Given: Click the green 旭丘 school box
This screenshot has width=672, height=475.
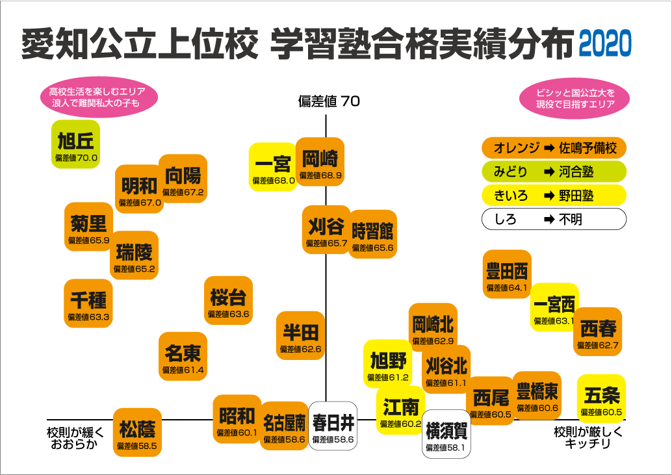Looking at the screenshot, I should coord(76,144).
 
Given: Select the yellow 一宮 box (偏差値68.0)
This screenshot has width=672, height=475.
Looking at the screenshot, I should coord(273,166).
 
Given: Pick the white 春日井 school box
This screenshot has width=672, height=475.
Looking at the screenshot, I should coord(333,426).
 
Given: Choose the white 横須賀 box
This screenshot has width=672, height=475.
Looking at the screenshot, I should coord(446,434).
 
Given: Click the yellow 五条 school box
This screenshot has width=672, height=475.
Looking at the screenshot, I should coord(601,398).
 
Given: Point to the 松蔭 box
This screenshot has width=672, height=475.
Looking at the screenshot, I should coord(137,433).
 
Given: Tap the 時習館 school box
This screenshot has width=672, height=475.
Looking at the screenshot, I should coord(372,234).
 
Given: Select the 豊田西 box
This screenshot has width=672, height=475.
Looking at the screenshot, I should coord(508,274).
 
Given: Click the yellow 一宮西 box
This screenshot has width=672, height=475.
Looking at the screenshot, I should coord(554,307).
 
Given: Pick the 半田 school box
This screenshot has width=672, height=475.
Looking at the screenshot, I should coord(300,335).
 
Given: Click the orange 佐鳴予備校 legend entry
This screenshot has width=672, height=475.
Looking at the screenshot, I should coord(554,148).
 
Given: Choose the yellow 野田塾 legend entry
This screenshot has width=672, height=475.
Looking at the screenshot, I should coord(554,195).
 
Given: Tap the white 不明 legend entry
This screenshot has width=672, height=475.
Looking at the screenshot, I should coord(554,219).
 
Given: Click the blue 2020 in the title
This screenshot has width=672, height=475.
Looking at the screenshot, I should coord(604,44).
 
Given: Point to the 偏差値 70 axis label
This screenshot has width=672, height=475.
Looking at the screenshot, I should coord(329,101).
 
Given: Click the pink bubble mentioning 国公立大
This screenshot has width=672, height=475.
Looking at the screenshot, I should coord(576,97).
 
